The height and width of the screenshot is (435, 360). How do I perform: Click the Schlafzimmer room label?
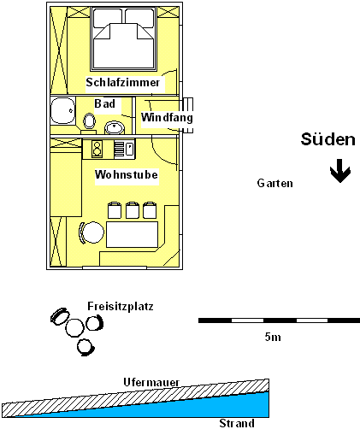tap(123, 82)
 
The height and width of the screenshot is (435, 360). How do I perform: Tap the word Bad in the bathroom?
tap(105, 103)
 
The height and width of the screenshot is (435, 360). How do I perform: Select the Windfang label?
tap(167, 117)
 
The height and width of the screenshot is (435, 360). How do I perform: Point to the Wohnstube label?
tap(127, 174)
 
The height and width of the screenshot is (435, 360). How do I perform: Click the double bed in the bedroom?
tap(124, 38)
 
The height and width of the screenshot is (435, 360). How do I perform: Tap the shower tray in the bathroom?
tap(63, 110)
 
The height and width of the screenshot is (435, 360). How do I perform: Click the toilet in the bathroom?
tap(89, 121)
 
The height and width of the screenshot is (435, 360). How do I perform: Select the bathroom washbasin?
tap(115, 127)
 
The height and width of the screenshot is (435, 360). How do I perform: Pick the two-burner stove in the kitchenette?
tap(97, 149)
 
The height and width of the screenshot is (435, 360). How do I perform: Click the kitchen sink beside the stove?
tap(125, 149)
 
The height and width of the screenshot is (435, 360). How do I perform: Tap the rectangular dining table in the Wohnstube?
tap(132, 234)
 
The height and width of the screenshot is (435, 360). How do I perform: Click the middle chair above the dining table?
tap(133, 210)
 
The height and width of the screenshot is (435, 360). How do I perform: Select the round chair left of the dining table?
tap(91, 232)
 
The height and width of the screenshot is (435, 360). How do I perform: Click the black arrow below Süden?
tap(340, 171)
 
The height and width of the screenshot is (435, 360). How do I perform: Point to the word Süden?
tap(328, 139)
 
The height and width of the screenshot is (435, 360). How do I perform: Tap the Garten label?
tap(274, 183)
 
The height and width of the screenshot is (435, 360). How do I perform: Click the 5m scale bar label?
tap(273, 337)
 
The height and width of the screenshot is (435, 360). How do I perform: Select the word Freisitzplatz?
tap(121, 306)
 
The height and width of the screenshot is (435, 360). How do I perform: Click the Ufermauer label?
tap(151, 382)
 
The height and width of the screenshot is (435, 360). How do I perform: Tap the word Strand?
tap(237, 423)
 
